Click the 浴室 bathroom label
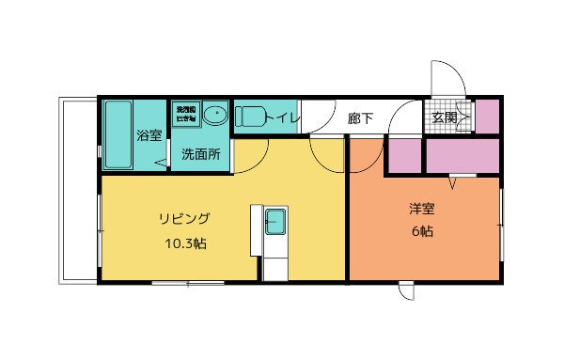(x=149, y=134)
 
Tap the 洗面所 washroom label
(x=200, y=153)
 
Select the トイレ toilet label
(x=283, y=117)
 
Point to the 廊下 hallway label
(x=360, y=118)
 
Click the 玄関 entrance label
(x=445, y=117)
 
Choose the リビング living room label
(x=183, y=219)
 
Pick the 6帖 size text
(x=421, y=231)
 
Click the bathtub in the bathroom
(x=117, y=134)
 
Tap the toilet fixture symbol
(x=251, y=117)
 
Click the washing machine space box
(x=186, y=114)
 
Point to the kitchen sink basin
(x=275, y=224)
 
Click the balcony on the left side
(x=79, y=188)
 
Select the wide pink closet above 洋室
(x=463, y=155)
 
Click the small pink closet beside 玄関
(x=487, y=116)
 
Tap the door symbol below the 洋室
(x=406, y=290)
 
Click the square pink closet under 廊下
(x=405, y=155)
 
